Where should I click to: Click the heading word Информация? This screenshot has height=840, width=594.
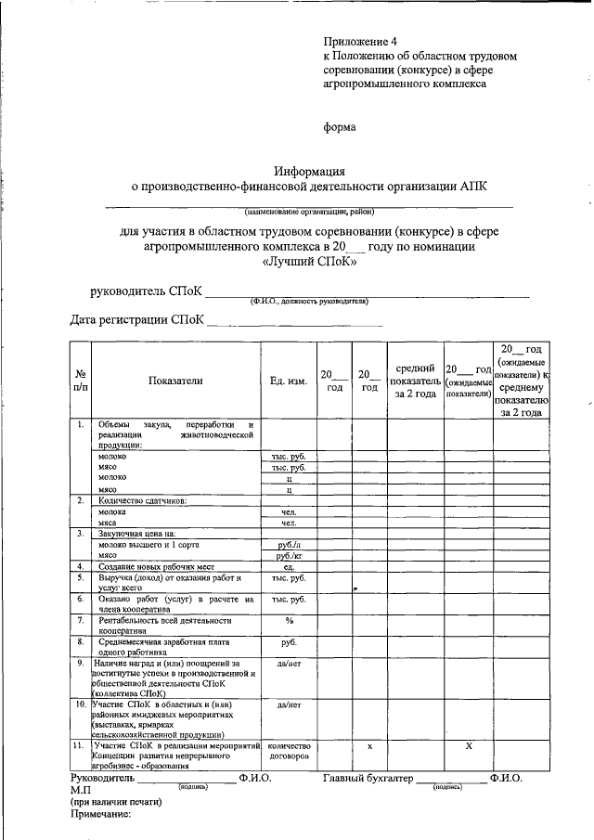tap(310, 171)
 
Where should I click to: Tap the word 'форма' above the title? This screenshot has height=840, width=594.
tap(339, 127)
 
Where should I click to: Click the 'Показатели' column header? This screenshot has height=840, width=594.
tap(174, 381)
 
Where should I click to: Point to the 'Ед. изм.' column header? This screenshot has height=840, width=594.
tap(289, 381)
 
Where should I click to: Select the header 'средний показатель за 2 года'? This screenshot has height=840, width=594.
tap(414, 381)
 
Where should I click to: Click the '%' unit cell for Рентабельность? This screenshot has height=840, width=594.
tap(289, 620)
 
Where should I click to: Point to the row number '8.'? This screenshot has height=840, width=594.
tap(81, 640)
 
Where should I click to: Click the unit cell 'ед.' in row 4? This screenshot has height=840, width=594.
tap(289, 566)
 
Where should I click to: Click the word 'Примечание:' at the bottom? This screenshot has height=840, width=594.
tap(101, 815)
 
